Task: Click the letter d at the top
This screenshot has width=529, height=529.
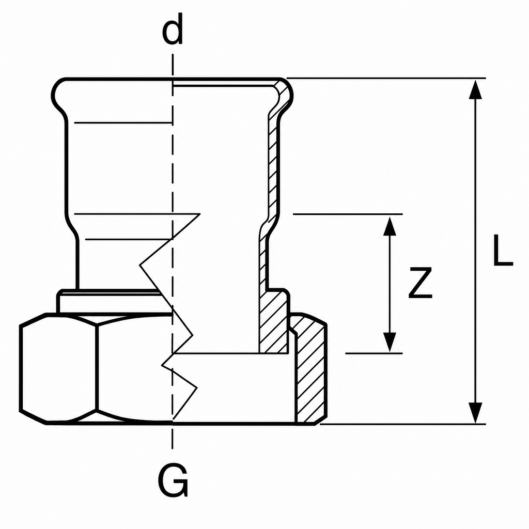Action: pos(173,29)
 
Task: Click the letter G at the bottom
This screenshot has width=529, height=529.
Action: pos(173,480)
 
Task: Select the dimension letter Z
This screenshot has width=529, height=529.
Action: pos(420,283)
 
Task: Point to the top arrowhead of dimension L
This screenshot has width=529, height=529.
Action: pos(475,90)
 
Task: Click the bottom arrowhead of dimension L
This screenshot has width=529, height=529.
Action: pos(475,413)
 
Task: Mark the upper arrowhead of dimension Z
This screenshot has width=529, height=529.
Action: pos(390,226)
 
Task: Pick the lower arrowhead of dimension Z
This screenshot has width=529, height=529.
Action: pos(390,343)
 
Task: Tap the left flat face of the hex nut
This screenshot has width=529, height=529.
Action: pos(58,368)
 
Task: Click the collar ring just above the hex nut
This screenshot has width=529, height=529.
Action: pos(108,301)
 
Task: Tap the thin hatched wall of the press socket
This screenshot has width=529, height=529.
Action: pos(274,169)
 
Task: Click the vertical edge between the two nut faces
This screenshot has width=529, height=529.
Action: pos(97,368)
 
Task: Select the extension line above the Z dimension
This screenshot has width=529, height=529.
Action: pos(348,214)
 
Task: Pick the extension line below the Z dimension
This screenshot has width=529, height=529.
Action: pos(374,353)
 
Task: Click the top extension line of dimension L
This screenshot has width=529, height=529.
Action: pos(386,79)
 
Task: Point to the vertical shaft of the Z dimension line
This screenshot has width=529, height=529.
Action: pos(390,284)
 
